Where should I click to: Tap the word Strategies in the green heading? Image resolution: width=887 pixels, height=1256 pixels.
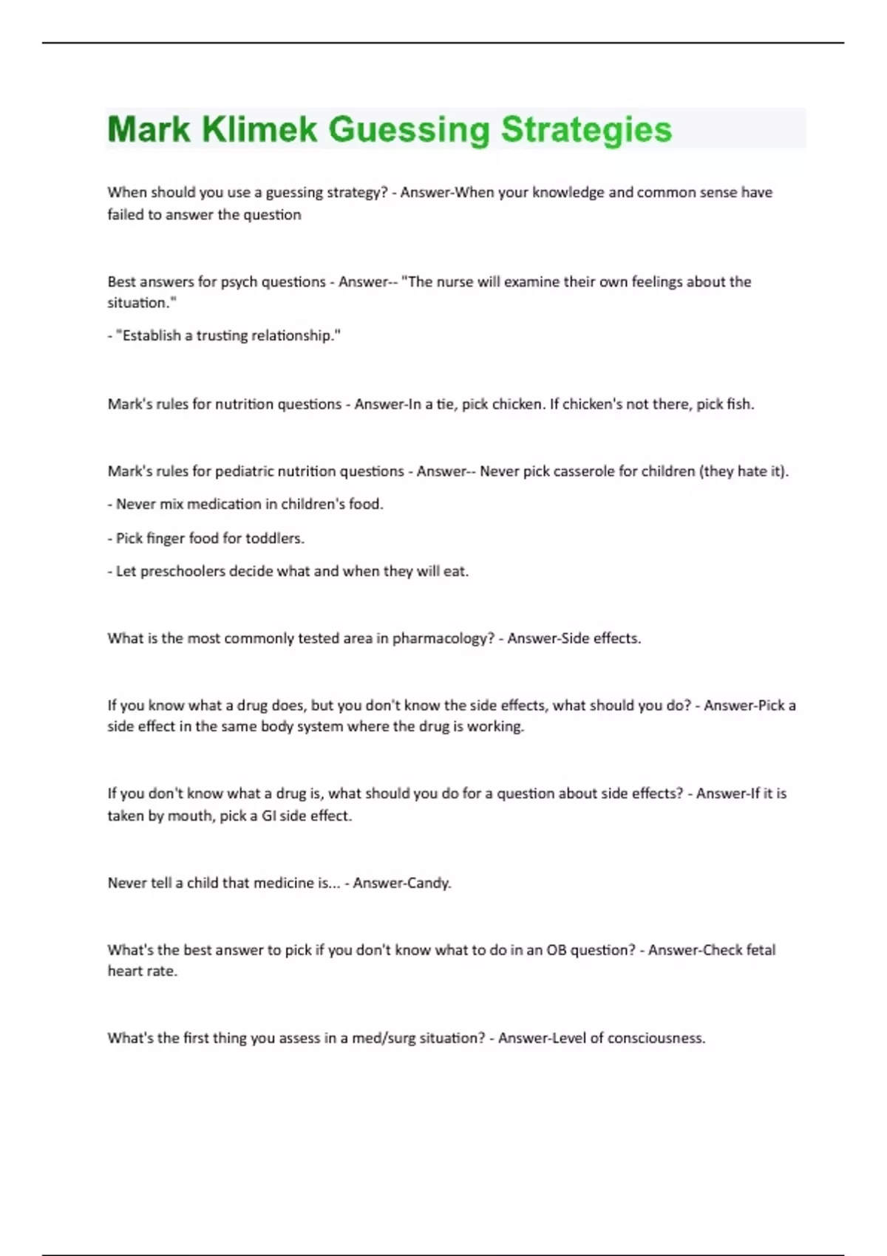click(586, 129)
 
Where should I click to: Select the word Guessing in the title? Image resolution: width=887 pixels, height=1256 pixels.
click(409, 129)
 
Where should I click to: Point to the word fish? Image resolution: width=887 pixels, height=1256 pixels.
click(740, 404)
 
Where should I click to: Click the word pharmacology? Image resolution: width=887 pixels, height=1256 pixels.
click(443, 638)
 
